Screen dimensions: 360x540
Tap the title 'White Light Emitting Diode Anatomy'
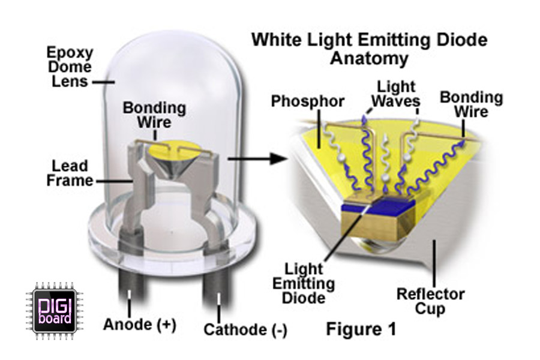369,49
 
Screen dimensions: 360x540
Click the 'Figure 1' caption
361,329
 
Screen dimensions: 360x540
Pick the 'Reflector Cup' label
431,302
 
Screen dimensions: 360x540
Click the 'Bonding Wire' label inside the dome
154,115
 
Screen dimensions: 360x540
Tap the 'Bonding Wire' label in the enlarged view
471,104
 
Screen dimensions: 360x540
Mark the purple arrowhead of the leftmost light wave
363,121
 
